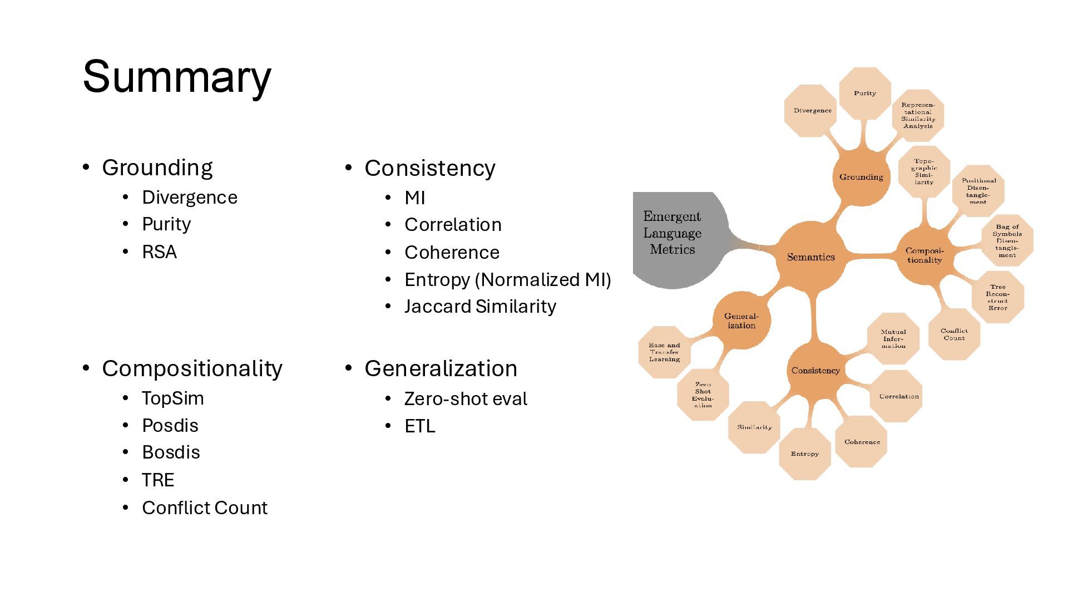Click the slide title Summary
tap(177, 77)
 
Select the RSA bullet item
tap(159, 252)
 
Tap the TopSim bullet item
tap(172, 398)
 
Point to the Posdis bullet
tap(170, 426)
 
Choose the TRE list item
tap(158, 480)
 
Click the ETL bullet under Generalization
tap(419, 426)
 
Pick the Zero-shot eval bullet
tap(466, 399)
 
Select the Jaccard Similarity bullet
tap(480, 307)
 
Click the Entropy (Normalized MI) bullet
tap(507, 279)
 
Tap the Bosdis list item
tap(171, 452)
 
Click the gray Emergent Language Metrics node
tap(673, 234)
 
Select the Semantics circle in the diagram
tap(810, 257)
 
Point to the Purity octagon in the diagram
tap(864, 93)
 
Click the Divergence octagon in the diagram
tap(812, 111)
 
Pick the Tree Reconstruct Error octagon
tap(997, 297)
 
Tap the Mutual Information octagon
tap(893, 339)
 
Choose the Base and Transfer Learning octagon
tap(664, 352)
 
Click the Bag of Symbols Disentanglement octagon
tap(1007, 241)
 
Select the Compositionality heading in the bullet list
tap(192, 368)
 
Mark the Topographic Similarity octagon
tap(924, 172)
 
